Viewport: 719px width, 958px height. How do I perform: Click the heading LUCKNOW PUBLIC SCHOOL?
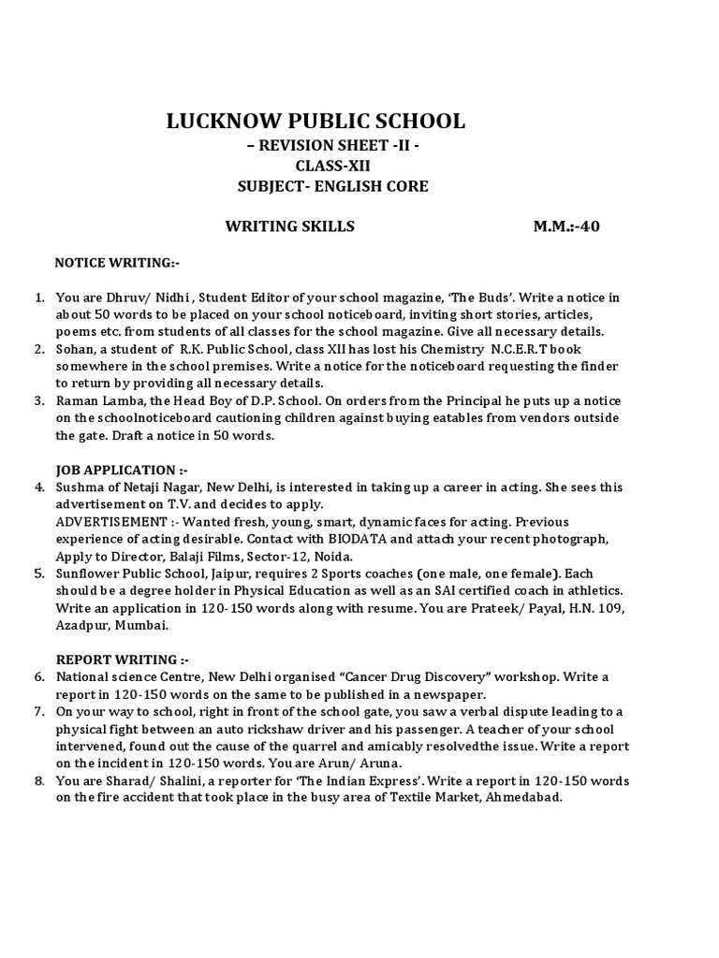[x=315, y=121]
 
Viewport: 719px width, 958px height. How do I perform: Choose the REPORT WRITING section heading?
[x=116, y=659]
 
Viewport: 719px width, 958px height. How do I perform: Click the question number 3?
[x=40, y=400]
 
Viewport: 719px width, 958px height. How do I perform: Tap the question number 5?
[x=40, y=573]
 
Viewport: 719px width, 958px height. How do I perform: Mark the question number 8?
[x=40, y=780]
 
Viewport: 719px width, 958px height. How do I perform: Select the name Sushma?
[x=79, y=487]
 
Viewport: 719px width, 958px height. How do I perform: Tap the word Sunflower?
[x=89, y=573]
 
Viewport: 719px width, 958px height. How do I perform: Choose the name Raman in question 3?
[x=77, y=400]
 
